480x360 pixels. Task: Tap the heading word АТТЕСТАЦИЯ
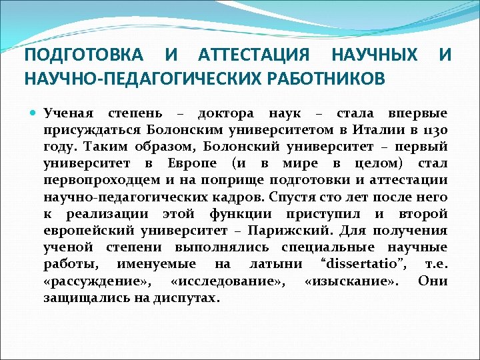point(254,54)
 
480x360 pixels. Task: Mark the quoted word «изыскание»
point(351,281)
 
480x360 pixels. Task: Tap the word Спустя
point(298,197)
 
